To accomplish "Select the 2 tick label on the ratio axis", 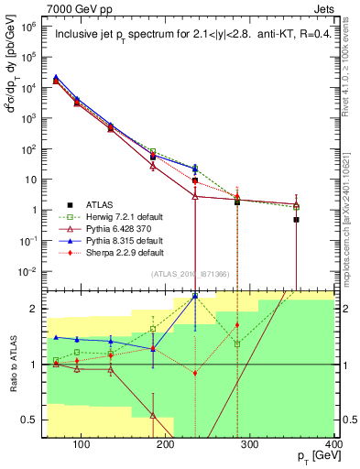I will tap(36, 309).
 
